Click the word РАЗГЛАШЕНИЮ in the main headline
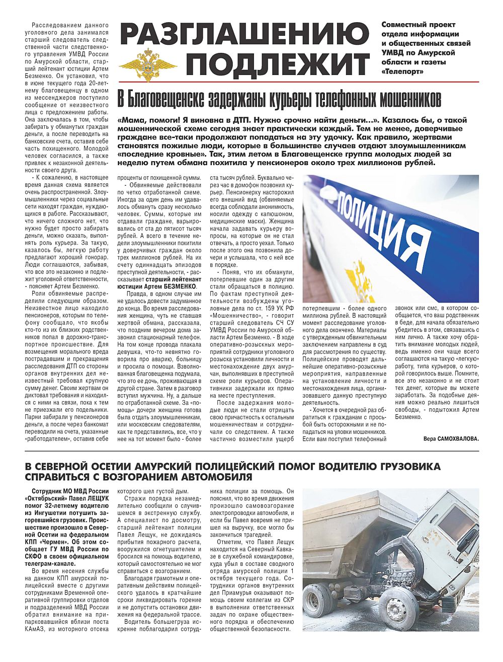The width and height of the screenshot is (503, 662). pos(244,34)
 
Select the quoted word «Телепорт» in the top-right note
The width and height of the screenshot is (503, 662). pos(402,71)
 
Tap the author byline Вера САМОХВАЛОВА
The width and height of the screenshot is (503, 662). pos(451,438)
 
